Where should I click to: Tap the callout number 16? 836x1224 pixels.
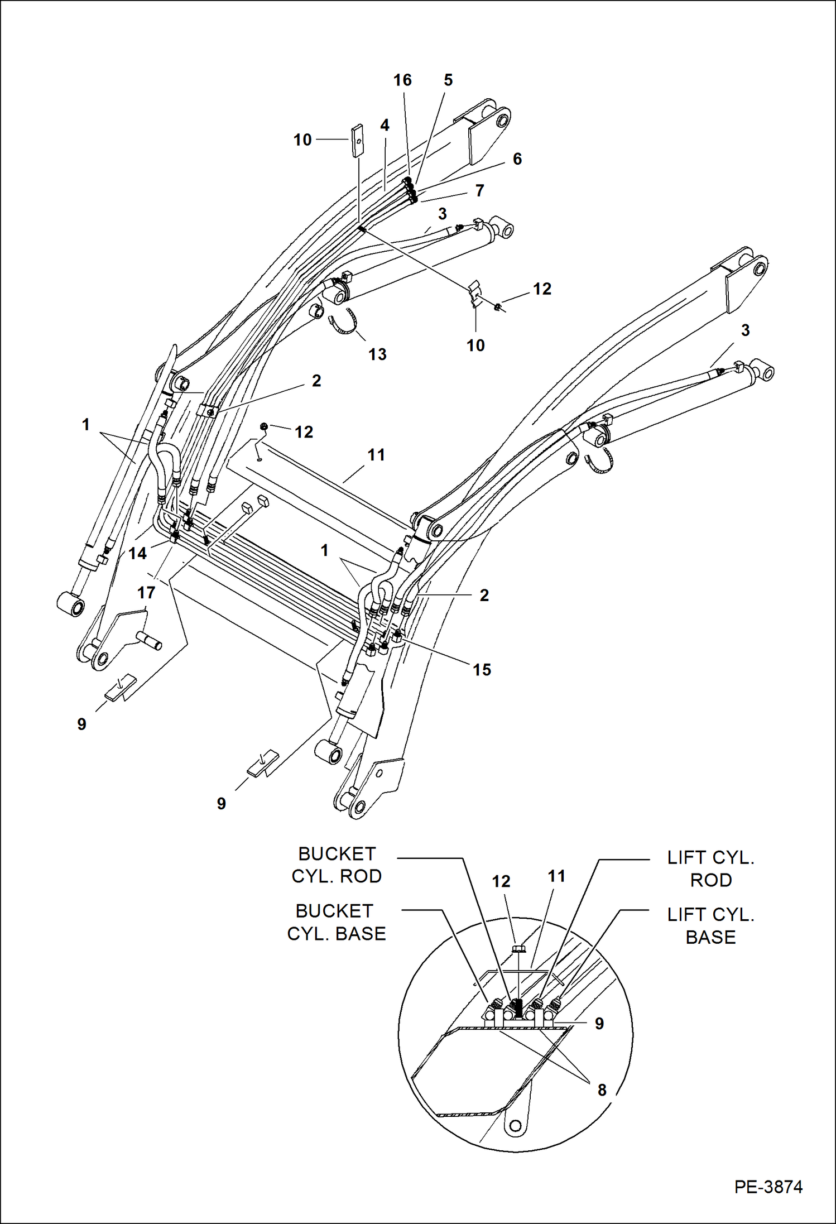point(402,80)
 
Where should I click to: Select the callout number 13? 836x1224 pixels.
point(377,354)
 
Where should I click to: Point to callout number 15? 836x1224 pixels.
point(482,669)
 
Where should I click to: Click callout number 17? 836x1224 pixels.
point(146,592)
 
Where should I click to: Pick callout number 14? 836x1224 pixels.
point(137,553)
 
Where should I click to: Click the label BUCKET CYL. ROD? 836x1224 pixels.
point(337,865)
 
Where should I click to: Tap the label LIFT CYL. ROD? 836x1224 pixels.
point(710,868)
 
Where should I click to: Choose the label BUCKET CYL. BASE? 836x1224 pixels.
point(336,922)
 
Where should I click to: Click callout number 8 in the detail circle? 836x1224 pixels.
point(602,1089)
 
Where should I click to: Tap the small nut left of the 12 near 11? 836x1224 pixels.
point(264,427)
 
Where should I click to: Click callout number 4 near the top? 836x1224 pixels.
point(385,125)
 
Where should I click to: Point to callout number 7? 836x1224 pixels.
point(479,190)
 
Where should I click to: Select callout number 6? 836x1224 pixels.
point(517,159)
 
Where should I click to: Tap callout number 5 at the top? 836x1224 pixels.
point(448,80)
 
